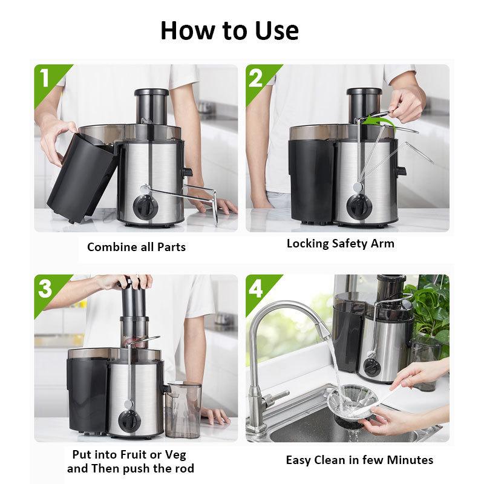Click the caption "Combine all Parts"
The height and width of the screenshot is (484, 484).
pyautogui.click(x=136, y=247)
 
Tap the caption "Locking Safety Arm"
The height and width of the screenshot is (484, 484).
pyautogui.click(x=340, y=244)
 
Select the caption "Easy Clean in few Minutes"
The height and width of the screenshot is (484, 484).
pyautogui.click(x=359, y=460)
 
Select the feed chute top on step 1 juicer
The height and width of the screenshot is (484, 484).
pyautogui.click(x=151, y=94)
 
